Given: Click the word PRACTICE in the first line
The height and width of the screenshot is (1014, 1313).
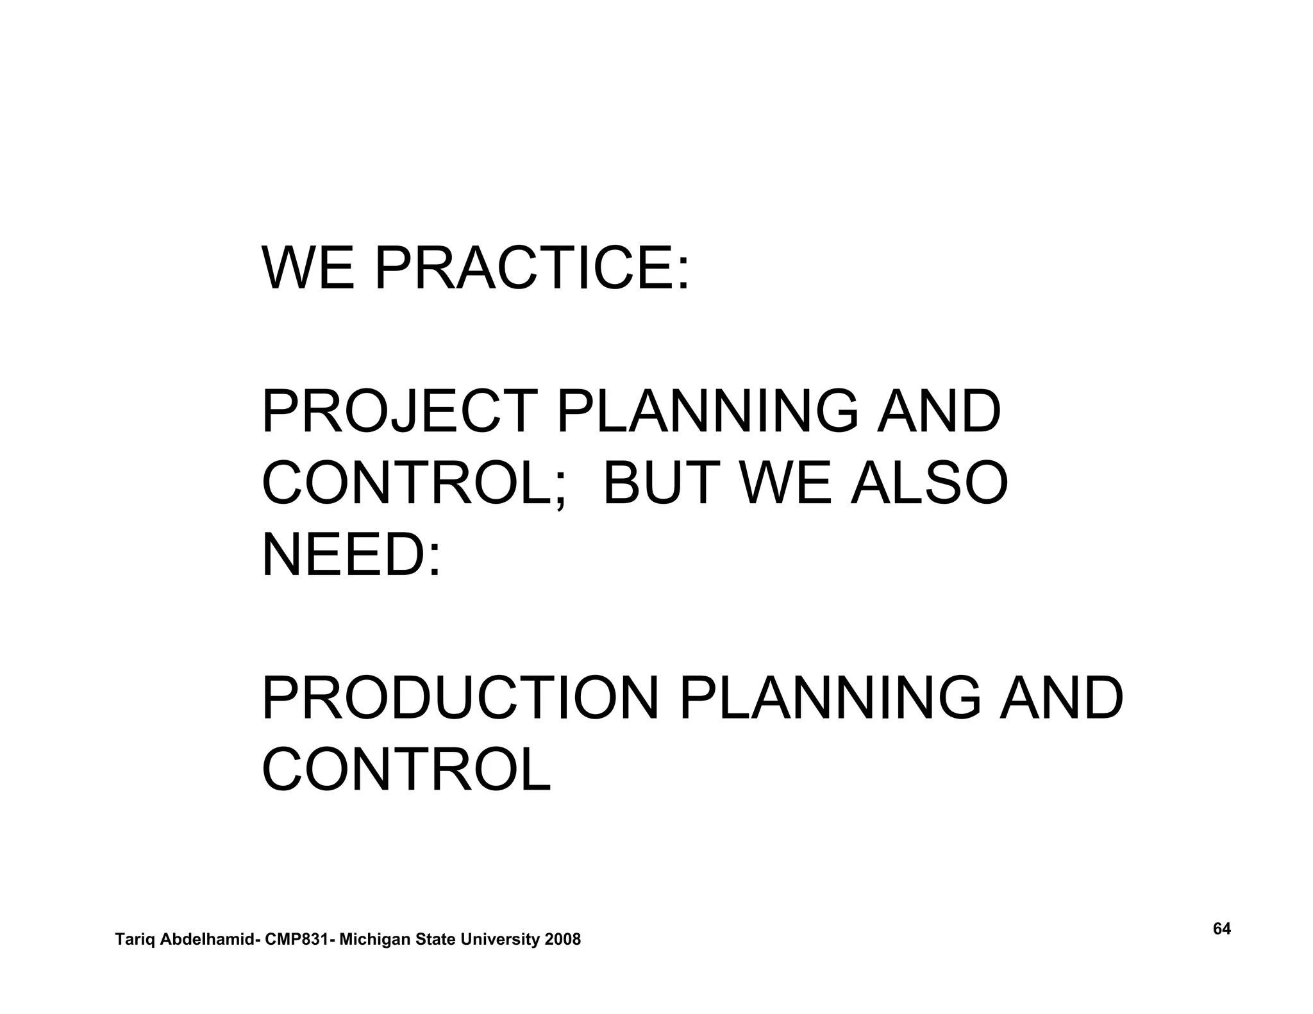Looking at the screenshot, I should click(x=531, y=267).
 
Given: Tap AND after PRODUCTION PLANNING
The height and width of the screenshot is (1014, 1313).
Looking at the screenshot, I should click(x=1062, y=699).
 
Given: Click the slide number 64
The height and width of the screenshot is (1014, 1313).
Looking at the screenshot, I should click(x=1222, y=929).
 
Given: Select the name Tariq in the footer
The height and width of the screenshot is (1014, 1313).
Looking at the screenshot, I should click(x=135, y=940).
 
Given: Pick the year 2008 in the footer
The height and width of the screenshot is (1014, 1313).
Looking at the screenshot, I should click(x=562, y=940).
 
